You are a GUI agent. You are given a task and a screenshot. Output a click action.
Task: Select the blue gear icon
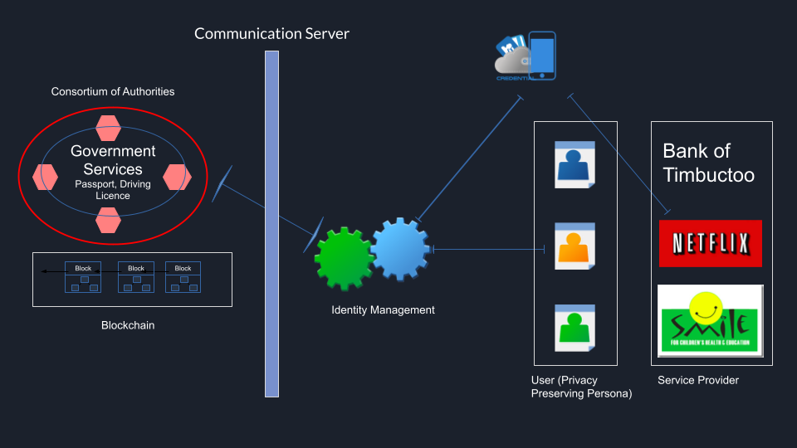coord(399,248)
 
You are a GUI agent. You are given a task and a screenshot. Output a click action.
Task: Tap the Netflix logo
coord(710,243)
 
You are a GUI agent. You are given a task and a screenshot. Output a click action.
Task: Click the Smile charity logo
coord(710,320)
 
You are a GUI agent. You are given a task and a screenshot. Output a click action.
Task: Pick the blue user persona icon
coord(575,164)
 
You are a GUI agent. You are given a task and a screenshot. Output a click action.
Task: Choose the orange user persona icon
coord(575,245)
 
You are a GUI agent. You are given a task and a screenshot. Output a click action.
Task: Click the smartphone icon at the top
coord(542,56)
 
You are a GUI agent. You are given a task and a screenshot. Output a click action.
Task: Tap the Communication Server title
coord(271,34)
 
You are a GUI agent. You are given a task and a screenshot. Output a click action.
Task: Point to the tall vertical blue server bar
coord(271,224)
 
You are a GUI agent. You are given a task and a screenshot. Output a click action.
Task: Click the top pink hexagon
coord(109,128)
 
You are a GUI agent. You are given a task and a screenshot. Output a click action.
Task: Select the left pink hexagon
coord(45,177)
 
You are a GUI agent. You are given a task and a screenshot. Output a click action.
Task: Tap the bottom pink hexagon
coord(109,221)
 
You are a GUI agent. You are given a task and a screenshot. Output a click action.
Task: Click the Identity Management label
coord(383,310)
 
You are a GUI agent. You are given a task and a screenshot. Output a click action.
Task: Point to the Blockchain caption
coord(128,325)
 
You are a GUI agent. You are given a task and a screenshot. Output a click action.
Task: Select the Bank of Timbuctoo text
coord(708,163)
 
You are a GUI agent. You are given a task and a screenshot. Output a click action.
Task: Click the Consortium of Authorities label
coord(113,91)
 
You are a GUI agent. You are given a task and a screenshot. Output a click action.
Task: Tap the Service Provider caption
coord(697,380)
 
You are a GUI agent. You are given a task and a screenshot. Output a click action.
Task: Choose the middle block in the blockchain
coord(136,278)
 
